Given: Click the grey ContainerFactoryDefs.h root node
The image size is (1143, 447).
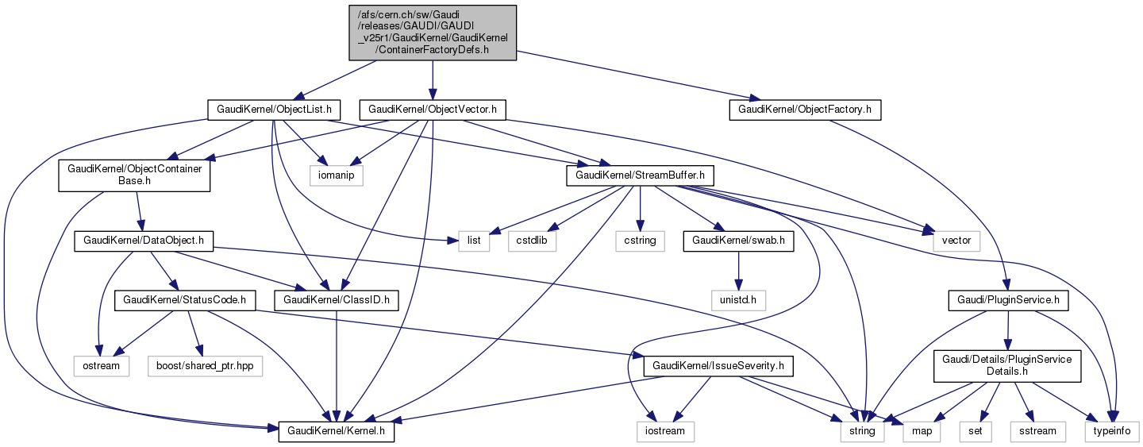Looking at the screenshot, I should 433,32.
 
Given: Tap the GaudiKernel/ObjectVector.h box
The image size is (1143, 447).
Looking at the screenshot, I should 432,110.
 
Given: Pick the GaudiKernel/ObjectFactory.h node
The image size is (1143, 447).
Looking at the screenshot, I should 805,110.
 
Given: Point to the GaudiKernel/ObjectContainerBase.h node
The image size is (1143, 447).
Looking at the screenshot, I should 134,175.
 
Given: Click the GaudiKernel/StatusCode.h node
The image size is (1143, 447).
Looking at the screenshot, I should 185,301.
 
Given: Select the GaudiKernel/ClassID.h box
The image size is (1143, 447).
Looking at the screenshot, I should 336,301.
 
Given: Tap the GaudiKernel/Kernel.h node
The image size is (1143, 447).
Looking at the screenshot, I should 336,431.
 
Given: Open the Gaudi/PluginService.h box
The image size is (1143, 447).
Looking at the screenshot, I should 1007,301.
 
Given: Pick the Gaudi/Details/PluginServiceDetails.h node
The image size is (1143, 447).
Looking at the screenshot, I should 1007,366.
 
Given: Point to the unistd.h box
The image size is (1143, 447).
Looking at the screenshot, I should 738,301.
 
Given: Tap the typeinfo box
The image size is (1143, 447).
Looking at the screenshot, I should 1113,431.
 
